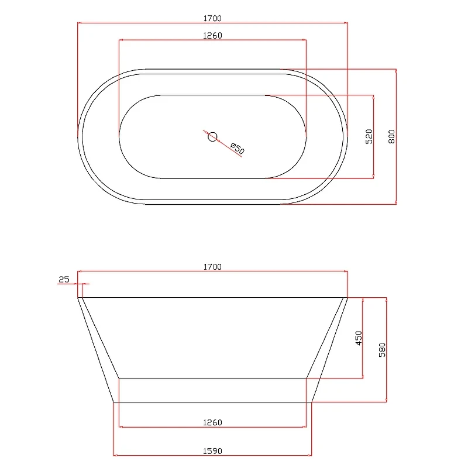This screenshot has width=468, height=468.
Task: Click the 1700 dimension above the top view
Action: pos(212,19)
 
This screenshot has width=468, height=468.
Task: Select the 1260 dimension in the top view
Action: pos(212,36)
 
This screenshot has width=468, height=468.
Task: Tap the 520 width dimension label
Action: pos(369,137)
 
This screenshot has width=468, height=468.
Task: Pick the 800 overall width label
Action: pos(391,137)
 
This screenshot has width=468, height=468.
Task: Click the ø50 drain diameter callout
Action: pos(238,149)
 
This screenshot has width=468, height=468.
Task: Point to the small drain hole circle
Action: pos(212,137)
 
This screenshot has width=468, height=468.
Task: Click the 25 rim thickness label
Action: pos(64,280)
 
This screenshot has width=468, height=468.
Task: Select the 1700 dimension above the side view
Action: pos(212,267)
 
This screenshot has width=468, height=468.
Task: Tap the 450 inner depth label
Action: pos(359,338)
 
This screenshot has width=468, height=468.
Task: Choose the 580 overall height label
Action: pos(382,350)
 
